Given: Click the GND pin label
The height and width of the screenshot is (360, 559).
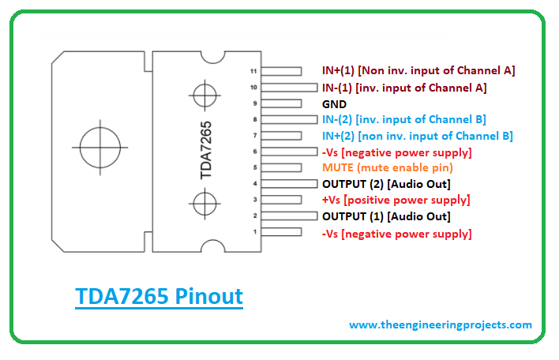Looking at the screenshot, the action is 334,104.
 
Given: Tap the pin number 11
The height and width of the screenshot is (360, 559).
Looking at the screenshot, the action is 253,71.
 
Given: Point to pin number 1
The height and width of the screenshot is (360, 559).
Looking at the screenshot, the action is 255,231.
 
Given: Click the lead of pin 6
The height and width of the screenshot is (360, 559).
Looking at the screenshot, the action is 289,152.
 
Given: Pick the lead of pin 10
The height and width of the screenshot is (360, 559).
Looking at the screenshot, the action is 289,88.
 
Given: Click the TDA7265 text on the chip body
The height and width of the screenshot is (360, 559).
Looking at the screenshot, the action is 206,150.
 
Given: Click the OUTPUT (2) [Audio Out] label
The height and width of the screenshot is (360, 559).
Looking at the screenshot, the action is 386,184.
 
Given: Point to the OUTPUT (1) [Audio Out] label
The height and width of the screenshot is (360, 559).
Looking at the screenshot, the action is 386,216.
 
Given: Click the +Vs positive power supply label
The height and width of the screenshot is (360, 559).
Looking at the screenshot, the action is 396,200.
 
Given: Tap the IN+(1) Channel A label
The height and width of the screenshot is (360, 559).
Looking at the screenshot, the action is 418,70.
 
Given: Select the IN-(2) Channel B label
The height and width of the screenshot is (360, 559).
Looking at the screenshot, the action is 404,119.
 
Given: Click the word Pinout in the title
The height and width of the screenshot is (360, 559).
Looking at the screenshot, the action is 209,297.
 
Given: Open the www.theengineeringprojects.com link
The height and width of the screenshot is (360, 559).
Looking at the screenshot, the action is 441,325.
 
